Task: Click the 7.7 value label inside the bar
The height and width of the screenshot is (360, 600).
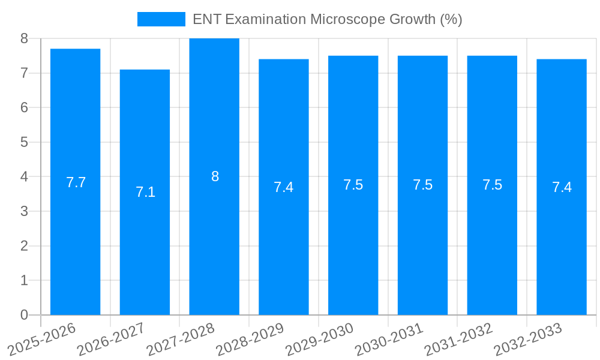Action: click(x=76, y=182)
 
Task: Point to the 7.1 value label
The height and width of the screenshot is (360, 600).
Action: click(x=145, y=192)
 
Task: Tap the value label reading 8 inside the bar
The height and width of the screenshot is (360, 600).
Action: click(x=215, y=176)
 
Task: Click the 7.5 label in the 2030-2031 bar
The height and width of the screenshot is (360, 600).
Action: click(x=422, y=185)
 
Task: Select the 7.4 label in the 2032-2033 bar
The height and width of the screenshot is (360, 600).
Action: click(x=562, y=187)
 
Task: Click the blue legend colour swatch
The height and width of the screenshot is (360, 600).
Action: click(x=161, y=19)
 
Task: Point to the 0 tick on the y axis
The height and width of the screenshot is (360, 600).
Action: click(x=24, y=315)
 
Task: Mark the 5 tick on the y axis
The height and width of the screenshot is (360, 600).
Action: click(x=24, y=142)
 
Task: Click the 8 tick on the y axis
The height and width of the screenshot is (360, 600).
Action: click(x=24, y=38)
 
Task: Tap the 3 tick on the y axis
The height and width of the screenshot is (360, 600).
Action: click(x=24, y=211)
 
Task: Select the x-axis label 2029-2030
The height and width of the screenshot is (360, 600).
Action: click(x=320, y=339)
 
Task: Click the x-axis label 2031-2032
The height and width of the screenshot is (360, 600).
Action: click(x=459, y=339)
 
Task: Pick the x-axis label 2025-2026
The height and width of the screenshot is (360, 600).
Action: click(x=42, y=339)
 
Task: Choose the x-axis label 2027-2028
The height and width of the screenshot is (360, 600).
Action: click(x=181, y=339)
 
